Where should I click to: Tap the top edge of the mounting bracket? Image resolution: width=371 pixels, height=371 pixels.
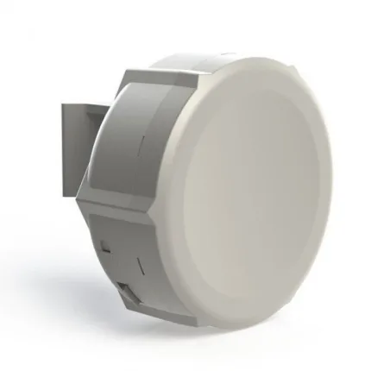82,104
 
